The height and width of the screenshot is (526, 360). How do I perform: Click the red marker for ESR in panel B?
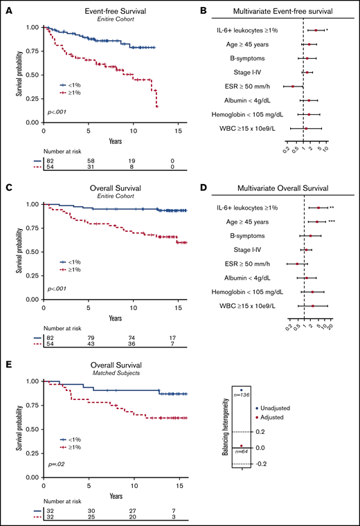point(293,86)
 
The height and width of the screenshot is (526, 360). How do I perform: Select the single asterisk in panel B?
point(327,30)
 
